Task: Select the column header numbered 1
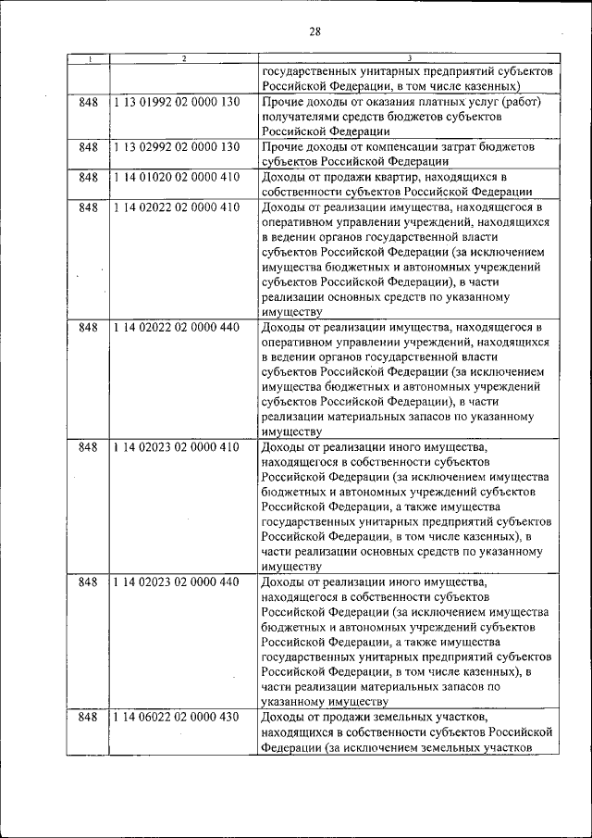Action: [x=89, y=60]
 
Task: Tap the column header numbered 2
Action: [x=184, y=60]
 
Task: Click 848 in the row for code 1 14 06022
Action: [x=89, y=717]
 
